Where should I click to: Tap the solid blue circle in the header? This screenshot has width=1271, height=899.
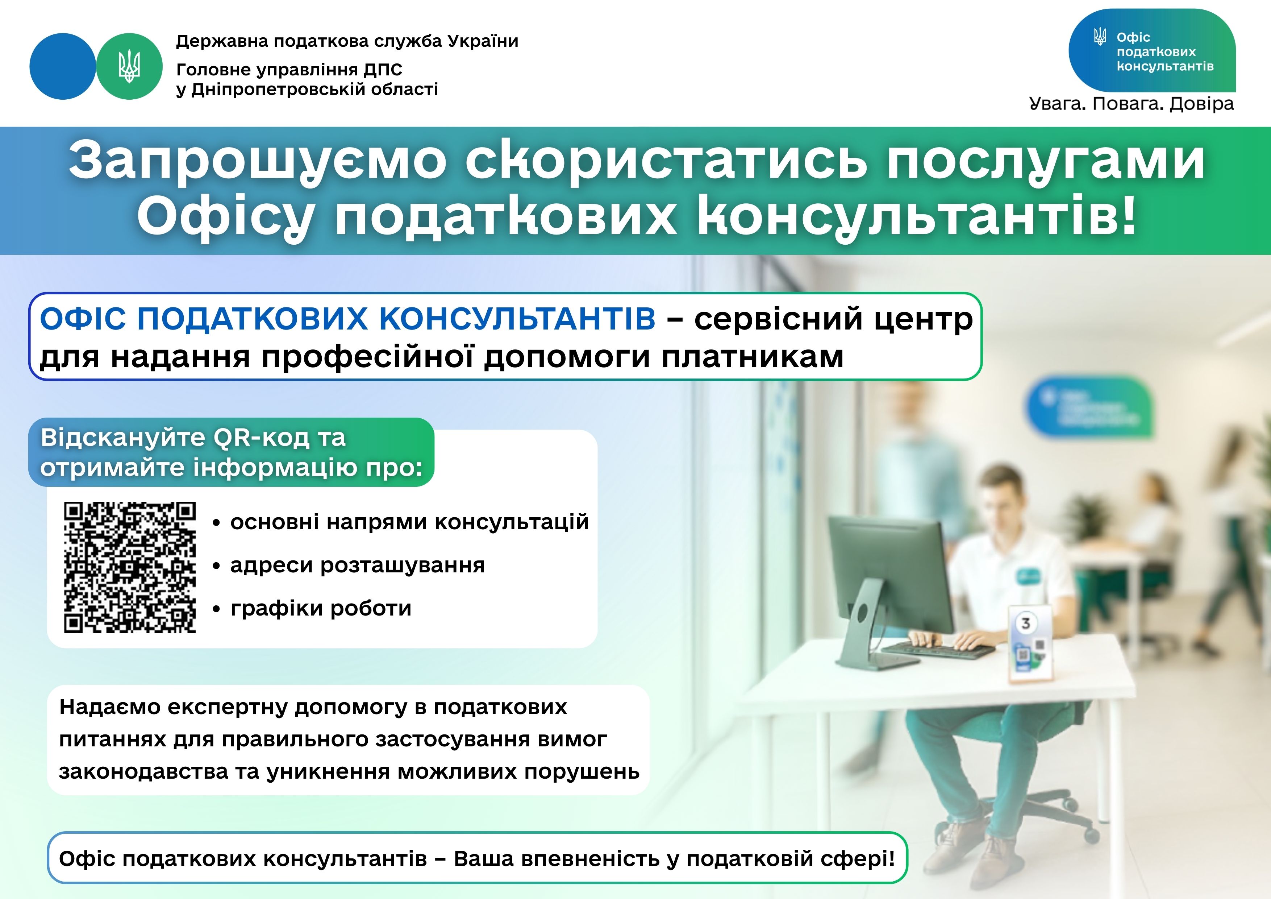[x=63, y=66]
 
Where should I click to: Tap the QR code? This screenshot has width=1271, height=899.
[x=130, y=567]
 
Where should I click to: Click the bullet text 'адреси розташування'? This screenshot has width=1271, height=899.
[x=357, y=565]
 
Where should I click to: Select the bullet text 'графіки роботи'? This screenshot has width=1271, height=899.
[x=321, y=608]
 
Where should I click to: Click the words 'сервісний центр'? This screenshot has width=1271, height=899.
[x=833, y=320]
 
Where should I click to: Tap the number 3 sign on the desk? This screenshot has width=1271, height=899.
[x=1025, y=623]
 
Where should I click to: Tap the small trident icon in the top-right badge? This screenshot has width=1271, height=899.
[x=1100, y=37]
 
